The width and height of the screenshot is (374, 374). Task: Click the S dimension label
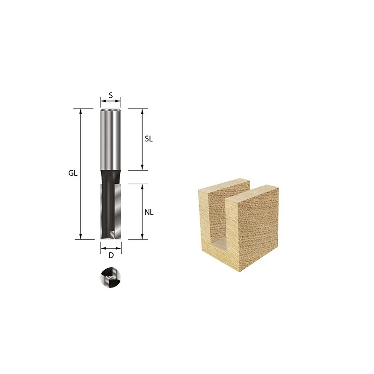111,95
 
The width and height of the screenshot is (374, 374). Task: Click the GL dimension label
73,173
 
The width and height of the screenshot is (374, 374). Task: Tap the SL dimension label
149,139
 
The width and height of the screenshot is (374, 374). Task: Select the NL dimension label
149,212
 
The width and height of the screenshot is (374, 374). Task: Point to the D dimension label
111,255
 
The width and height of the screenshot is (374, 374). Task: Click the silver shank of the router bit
111,140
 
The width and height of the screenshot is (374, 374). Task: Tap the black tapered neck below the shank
111,177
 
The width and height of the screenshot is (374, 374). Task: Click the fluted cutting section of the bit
111,211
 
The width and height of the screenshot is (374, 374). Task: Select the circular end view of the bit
111,277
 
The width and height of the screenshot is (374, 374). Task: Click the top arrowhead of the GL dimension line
80,111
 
